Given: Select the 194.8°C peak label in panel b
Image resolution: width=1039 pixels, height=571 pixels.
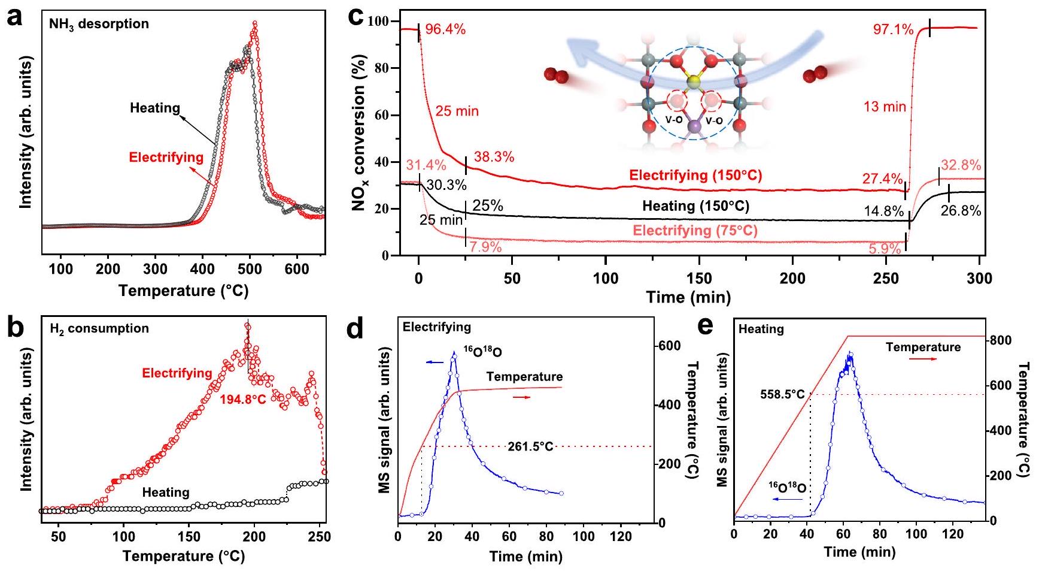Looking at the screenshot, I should tap(244, 399).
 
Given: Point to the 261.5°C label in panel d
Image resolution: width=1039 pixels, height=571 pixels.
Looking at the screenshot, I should tap(530, 446).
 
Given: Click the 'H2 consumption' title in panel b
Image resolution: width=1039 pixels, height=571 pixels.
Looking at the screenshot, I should tap(100, 328).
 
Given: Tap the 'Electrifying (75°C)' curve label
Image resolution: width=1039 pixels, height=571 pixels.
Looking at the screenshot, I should tap(695, 231).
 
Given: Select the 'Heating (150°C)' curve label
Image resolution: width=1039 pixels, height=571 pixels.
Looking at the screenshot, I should tap(695, 206).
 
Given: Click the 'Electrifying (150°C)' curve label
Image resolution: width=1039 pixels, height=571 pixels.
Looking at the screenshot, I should tap(695, 176).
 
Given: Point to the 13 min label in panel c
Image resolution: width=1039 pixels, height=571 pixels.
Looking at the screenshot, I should tap(885, 107).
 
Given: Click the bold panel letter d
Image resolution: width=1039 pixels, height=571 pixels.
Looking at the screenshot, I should tap(356, 330).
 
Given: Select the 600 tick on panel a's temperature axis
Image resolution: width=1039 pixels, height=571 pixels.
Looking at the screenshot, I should tap(297, 269).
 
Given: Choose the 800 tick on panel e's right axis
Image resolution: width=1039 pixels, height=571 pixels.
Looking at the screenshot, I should tap(1000, 340).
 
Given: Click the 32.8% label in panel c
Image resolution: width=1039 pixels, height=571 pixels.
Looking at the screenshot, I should tap(961, 166).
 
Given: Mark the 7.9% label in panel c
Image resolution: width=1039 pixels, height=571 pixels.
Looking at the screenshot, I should tap(485, 247).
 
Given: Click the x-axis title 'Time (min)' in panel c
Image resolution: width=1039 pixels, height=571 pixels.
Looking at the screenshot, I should tap(688, 297).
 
